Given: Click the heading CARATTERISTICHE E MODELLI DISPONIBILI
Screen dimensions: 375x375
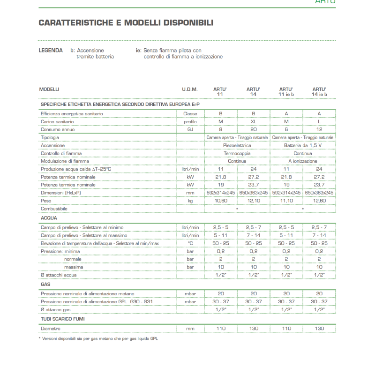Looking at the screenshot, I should pyautogui.click(x=126, y=23).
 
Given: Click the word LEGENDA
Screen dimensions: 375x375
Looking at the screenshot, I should pyautogui.click(x=50, y=50).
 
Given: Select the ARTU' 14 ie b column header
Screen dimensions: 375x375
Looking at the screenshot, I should pyautogui.click(x=319, y=91).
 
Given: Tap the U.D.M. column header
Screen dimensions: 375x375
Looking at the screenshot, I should pyautogui.click(x=190, y=89).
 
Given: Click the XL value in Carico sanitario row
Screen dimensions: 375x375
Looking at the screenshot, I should pyautogui.click(x=254, y=121).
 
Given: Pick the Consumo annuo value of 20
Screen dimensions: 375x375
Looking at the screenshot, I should pyautogui.click(x=254, y=129).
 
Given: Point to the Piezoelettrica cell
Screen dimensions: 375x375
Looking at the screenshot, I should pyautogui.click(x=237, y=145).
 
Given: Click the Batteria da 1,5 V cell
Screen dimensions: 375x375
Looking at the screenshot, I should pyautogui.click(x=303, y=145).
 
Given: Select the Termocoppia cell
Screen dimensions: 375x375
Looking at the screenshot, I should pyautogui.click(x=237, y=153).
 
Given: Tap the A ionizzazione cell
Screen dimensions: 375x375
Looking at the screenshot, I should pyautogui.click(x=303, y=161).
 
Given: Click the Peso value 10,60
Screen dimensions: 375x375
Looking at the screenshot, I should pyautogui.click(x=221, y=200).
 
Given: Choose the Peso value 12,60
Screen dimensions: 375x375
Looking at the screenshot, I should pyautogui.click(x=319, y=200).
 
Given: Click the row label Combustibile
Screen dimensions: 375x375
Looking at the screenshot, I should pyautogui.click(x=54, y=208).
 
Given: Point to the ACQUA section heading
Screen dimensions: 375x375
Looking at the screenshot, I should pyautogui.click(x=49, y=218).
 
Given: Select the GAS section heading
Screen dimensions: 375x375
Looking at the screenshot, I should pyautogui.click(x=45, y=284).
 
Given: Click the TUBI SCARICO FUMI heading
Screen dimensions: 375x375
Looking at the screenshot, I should pyautogui.click(x=63, y=319).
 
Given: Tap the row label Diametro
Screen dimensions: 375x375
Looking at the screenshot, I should pyautogui.click(x=51, y=329).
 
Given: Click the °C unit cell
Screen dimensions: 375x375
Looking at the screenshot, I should pyautogui.click(x=190, y=243).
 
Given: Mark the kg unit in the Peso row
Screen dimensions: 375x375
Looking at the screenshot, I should pyautogui.click(x=190, y=200).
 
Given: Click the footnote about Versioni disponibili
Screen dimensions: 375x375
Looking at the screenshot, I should pyautogui.click(x=98, y=338).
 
